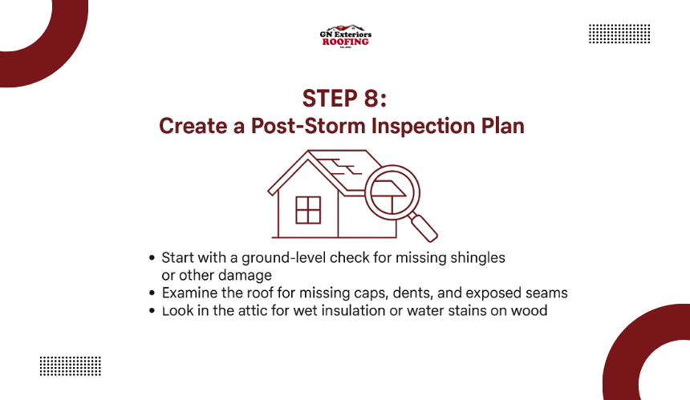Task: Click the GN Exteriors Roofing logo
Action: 346,36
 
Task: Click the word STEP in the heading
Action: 330,99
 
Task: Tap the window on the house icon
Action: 308,210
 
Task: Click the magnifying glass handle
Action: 423,226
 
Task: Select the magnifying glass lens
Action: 392,192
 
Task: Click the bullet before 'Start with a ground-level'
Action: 152,258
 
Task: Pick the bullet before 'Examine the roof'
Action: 152,293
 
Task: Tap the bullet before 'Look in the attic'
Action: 152,311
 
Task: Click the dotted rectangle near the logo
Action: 619,34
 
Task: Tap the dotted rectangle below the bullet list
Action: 71,366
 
